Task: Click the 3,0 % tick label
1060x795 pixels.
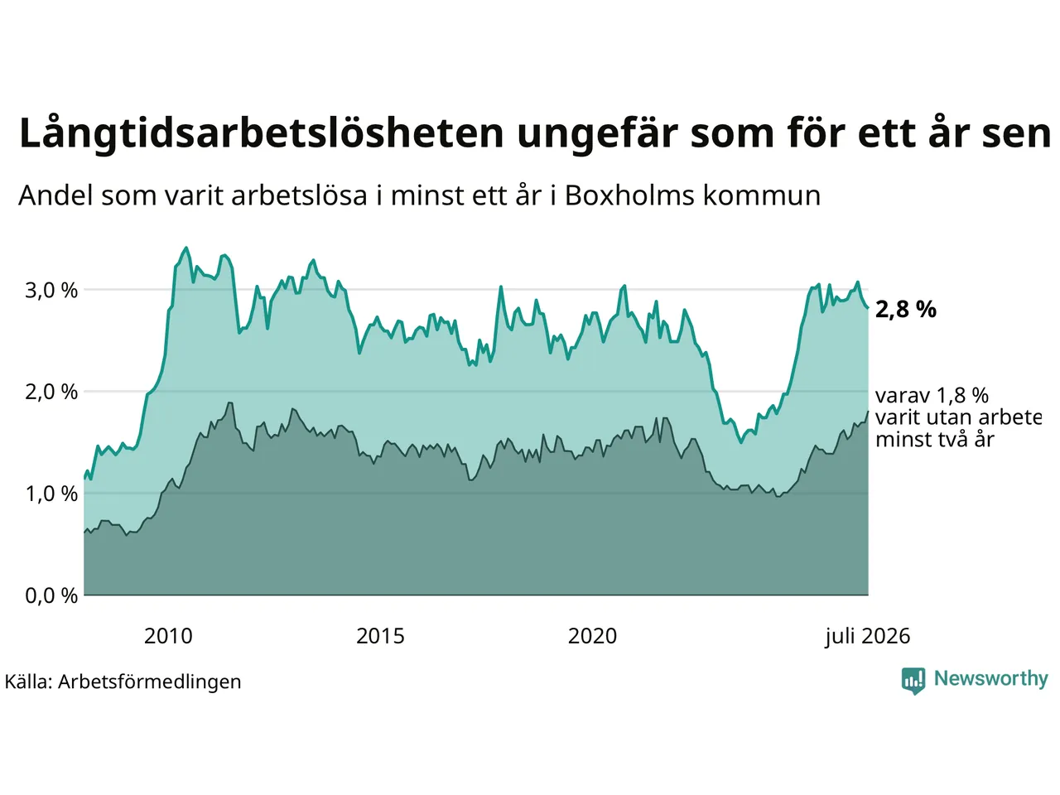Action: tap(51, 291)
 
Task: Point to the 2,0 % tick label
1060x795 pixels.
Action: tap(51, 393)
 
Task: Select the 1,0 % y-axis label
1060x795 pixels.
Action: tap(51, 494)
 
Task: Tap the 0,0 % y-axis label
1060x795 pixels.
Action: tap(51, 595)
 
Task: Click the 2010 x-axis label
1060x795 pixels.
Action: tap(168, 636)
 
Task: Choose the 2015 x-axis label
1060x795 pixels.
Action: tap(380, 636)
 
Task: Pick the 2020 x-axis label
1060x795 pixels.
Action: tap(592, 636)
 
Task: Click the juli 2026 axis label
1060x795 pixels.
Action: tap(867, 637)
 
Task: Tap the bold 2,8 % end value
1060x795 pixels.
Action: tap(905, 310)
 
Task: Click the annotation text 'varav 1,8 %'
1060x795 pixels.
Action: tap(932, 396)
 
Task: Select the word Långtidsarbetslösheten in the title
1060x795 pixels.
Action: tap(261, 133)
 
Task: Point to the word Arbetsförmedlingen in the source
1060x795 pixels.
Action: tap(149, 682)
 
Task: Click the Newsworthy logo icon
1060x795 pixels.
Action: tap(913, 681)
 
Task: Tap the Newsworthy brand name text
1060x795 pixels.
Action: tap(991, 679)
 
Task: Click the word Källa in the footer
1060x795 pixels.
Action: tap(28, 681)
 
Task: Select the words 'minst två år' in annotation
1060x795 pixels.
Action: tap(934, 439)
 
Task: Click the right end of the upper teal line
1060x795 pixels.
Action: tap(868, 307)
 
